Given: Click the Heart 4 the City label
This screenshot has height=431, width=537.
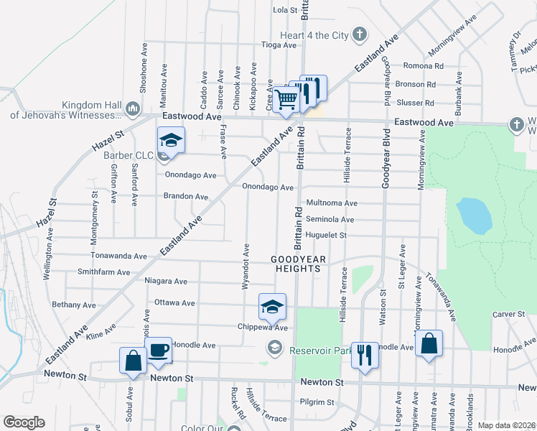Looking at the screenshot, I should pos(314,34).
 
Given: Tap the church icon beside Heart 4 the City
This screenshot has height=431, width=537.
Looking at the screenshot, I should pos(360,34).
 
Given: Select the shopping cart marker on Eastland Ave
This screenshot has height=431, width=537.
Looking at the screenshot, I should pos(286,99).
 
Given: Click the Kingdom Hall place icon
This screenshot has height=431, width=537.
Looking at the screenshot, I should pos(132,108).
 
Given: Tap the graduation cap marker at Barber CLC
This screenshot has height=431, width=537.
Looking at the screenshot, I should pos(172,139).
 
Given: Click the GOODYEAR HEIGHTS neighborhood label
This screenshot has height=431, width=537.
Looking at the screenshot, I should pos(299,263).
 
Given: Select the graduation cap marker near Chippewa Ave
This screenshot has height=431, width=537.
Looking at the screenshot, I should pos(272,306).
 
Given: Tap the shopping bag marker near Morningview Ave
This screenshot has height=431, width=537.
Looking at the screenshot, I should pos(429,343).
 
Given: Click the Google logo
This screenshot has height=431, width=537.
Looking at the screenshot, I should pos(24,422).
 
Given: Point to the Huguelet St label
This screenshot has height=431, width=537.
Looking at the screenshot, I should pos(326,235).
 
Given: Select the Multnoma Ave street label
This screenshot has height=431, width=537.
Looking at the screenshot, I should pos(332,204).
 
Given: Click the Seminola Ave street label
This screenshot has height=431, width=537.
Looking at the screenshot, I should pos(330,220).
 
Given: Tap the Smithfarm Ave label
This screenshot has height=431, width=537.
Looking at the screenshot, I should pos(104,272).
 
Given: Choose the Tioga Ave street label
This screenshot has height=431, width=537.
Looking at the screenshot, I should pos(280,45).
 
